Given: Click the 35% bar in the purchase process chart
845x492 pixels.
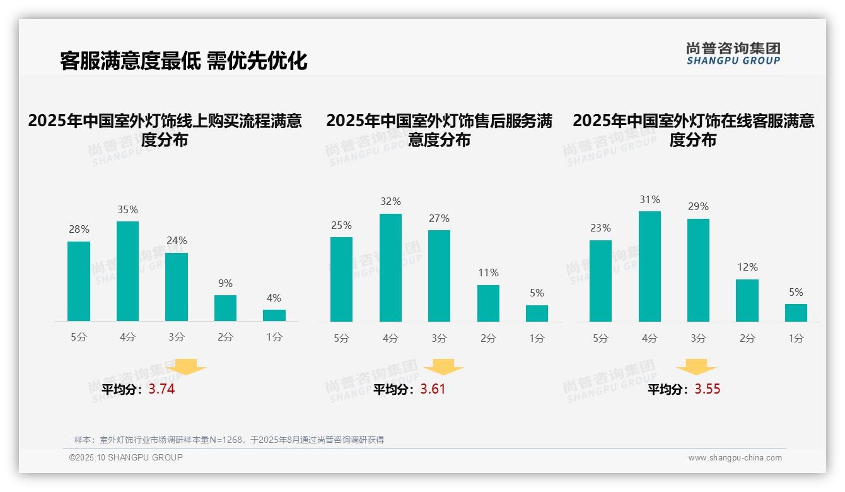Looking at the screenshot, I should point(127,271).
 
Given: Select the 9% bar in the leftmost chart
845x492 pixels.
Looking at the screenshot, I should point(225,308).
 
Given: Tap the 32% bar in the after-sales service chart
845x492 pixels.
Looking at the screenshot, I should point(390,267).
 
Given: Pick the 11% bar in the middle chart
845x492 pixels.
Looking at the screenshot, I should point(488,303).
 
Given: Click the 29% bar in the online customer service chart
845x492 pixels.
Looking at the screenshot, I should point(698,270).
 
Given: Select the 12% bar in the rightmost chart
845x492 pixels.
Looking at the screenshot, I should point(747,300).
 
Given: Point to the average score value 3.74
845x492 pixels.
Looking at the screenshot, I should point(161,389).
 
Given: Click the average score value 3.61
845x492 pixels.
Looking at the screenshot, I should point(433,389).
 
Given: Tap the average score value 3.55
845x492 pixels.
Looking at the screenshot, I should point(708,389).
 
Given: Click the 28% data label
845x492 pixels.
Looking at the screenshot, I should point(79,230).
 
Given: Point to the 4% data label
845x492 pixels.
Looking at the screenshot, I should point(274,298).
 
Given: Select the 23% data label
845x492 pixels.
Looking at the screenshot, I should point(600,228).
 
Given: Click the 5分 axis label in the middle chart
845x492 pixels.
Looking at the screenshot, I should point(341,338).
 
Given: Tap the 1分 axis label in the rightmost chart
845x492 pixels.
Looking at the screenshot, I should point(796,338).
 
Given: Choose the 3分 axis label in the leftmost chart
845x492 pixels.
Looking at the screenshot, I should point(177,337).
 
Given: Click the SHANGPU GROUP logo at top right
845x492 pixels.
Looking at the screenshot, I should point(733,54).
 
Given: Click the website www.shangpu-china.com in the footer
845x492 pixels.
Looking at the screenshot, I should point(735,458).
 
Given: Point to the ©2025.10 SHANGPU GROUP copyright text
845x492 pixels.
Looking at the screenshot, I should point(126,457).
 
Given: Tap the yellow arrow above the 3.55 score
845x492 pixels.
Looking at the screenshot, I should point(696,367).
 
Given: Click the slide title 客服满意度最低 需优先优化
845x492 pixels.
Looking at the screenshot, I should point(184,61).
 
